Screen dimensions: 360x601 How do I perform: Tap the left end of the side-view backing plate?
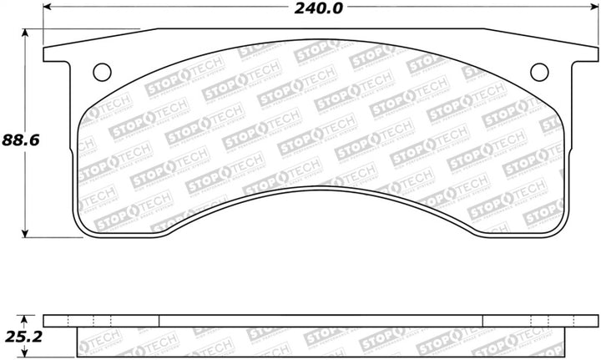tap(46, 321)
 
